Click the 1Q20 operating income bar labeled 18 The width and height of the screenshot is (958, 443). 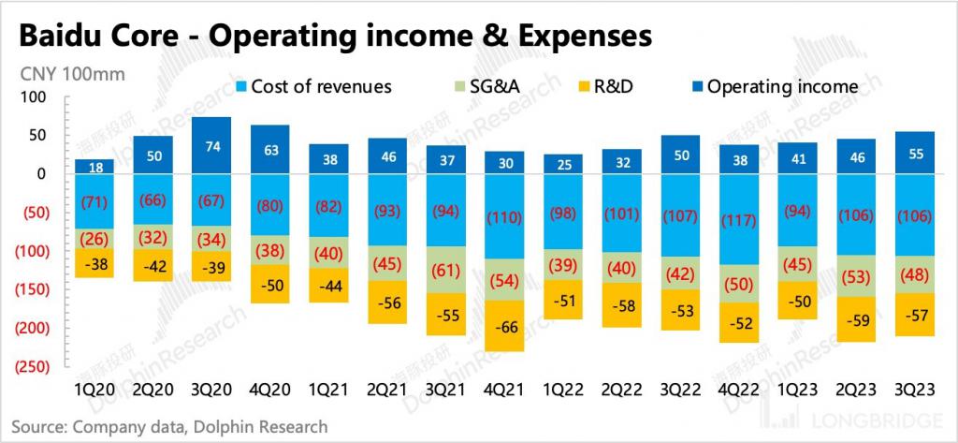(x=94, y=167)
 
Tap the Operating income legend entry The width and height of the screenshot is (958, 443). (x=773, y=87)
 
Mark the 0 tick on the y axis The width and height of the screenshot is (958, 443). (x=41, y=173)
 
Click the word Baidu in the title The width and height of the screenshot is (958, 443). (x=63, y=36)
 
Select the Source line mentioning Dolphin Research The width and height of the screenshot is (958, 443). (x=165, y=427)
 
